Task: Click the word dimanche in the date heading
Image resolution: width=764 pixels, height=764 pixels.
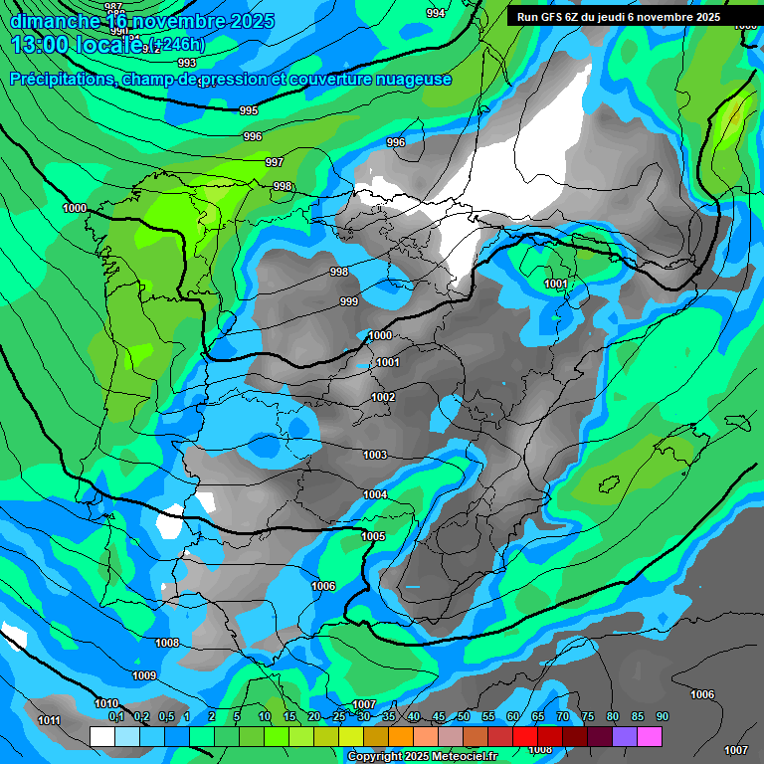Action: pyautogui.click(x=55, y=21)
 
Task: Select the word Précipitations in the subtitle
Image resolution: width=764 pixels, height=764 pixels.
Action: pyautogui.click(x=66, y=80)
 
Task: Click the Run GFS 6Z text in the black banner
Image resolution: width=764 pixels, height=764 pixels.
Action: pyautogui.click(x=545, y=17)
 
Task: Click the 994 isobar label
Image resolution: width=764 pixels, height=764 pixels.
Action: pyautogui.click(x=436, y=13)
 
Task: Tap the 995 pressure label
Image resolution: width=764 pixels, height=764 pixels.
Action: pyautogui.click(x=249, y=110)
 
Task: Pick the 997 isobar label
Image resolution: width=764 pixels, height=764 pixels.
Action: pyautogui.click(x=275, y=162)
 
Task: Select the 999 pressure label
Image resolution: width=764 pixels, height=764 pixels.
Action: pyautogui.click(x=349, y=301)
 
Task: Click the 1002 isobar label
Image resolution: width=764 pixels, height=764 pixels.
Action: pyautogui.click(x=383, y=397)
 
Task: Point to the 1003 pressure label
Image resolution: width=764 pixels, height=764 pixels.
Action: pyautogui.click(x=375, y=455)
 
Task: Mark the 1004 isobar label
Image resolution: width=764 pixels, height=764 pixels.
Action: pyautogui.click(x=375, y=494)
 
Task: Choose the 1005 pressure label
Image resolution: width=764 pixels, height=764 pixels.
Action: pyautogui.click(x=373, y=536)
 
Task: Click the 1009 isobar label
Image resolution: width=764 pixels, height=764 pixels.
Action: pyautogui.click(x=144, y=675)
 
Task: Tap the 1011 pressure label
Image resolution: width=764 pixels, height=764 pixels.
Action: pyautogui.click(x=49, y=720)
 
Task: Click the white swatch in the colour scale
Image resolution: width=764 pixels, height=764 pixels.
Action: pyautogui.click(x=101, y=736)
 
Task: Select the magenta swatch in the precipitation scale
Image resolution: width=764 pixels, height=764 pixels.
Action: pyautogui.click(x=650, y=736)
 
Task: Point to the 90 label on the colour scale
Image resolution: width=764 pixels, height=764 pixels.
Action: pyautogui.click(x=663, y=717)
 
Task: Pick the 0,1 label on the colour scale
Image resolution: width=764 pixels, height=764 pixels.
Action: pyautogui.click(x=116, y=717)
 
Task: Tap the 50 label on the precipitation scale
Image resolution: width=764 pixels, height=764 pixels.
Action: pyautogui.click(x=464, y=717)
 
